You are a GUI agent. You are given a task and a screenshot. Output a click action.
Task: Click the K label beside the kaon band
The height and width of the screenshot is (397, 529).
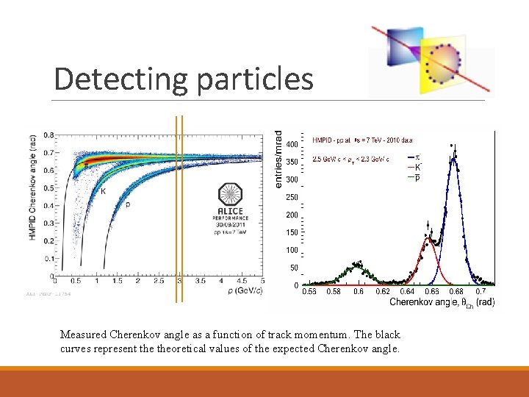point(103,191)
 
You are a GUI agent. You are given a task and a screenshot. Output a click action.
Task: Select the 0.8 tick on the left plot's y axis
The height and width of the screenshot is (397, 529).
point(48,135)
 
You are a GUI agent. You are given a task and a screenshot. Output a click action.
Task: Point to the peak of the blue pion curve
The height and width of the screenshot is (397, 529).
point(455,157)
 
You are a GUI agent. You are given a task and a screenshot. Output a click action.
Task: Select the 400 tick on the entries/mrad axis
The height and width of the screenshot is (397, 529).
point(292,144)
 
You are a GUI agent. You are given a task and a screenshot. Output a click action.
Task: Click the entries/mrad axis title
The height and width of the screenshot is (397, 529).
point(278,159)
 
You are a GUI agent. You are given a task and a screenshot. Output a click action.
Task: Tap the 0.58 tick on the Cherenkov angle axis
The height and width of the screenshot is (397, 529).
point(334,292)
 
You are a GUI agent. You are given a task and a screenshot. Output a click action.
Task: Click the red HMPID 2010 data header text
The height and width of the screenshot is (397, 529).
point(362,140)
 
